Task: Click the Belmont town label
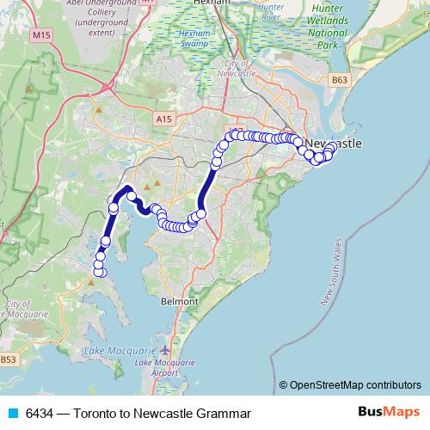[x=179, y=302]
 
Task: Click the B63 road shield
[x=341, y=81]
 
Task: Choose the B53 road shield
[x=8, y=358]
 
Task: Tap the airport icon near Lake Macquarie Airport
[x=165, y=351]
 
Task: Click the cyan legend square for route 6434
[x=13, y=414]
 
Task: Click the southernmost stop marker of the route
[x=99, y=273]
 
